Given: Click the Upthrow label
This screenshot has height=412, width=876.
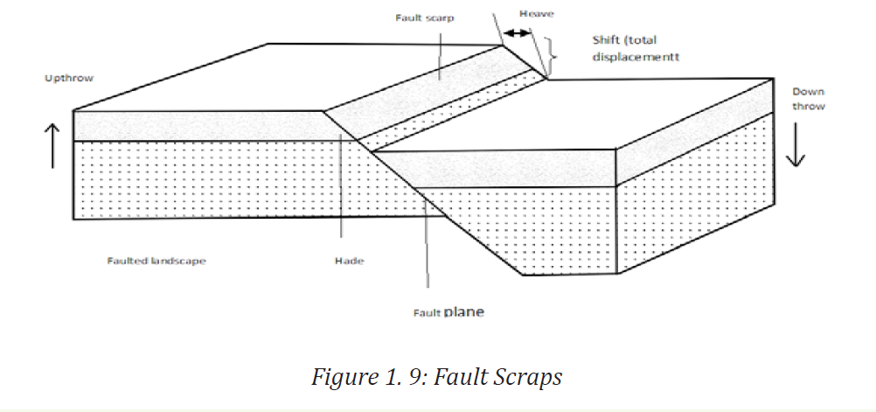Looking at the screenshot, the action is (x=69, y=78).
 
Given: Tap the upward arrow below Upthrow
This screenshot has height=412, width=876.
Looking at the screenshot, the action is (x=52, y=145).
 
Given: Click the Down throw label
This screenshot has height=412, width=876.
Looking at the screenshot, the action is (x=808, y=98).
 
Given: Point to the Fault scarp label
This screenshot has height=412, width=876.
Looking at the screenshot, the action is (x=425, y=17).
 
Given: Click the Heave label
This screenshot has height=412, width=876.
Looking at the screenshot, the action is (x=536, y=14).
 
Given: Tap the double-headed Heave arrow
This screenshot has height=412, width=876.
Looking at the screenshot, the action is (x=516, y=33).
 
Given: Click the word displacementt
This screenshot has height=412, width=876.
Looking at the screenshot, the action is (x=636, y=57).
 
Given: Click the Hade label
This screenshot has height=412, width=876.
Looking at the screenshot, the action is (x=349, y=261).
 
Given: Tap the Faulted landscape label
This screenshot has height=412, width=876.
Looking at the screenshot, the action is (x=156, y=261).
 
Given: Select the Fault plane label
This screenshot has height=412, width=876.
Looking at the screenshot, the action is (x=448, y=312).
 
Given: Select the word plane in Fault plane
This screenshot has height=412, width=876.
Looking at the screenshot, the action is (x=463, y=312).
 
